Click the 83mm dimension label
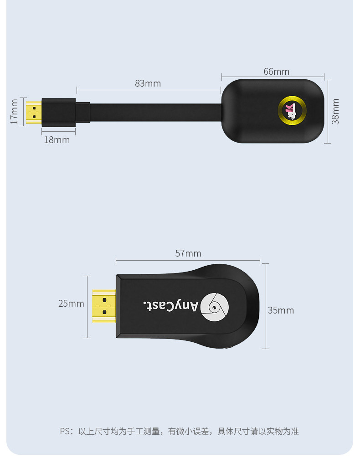point(148,83)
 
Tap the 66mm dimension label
point(276,72)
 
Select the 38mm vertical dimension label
point(335,111)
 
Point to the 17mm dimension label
point(14,112)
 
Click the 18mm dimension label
point(57,140)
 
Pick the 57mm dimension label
point(188,253)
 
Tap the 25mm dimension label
point(71,304)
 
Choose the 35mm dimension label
point(281,310)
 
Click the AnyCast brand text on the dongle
point(171,305)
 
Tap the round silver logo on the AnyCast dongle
point(215,307)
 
